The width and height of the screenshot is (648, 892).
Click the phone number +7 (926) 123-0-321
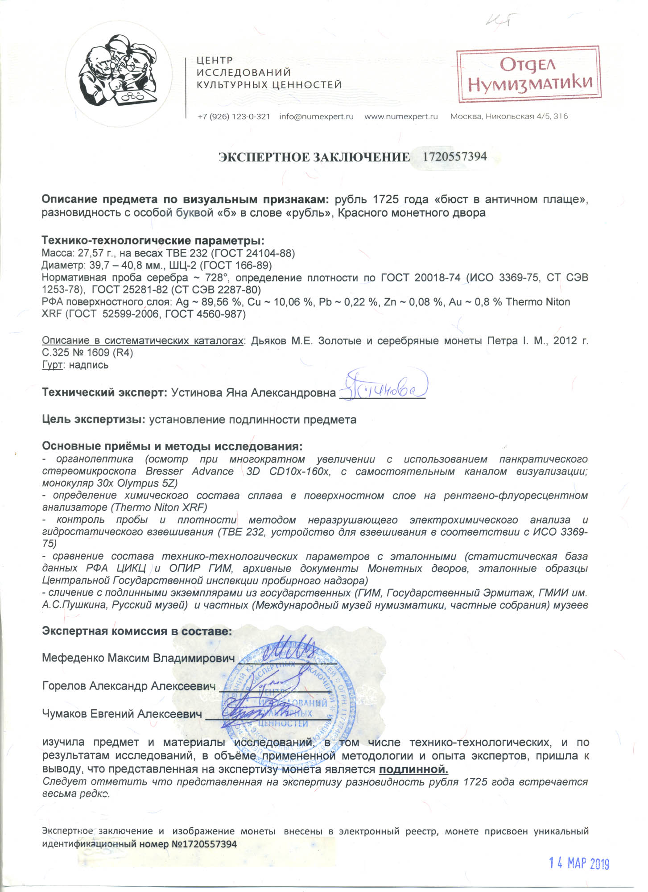coord(234,116)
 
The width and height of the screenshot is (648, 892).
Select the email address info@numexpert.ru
coord(316,116)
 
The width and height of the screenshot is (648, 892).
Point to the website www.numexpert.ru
coord(401,116)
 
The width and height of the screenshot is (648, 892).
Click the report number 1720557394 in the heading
coord(454,157)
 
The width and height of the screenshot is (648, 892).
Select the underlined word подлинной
coord(413,769)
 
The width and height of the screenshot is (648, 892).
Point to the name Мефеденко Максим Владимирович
coord(138,658)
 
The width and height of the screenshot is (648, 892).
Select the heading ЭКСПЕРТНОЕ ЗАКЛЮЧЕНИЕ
coord(314,157)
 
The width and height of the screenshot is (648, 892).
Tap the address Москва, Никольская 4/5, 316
coord(509,116)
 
